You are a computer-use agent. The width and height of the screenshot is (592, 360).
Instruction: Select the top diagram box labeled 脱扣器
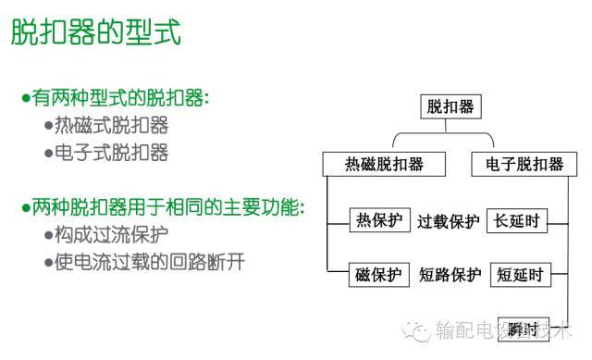click(x=450, y=107)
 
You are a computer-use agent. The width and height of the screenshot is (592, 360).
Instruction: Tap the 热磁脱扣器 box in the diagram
click(x=384, y=165)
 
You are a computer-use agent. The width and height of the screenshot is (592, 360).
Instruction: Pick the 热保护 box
click(x=378, y=220)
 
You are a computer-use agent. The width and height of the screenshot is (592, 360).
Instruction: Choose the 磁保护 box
click(x=378, y=274)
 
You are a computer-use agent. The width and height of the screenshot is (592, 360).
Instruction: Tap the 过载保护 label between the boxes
click(x=448, y=221)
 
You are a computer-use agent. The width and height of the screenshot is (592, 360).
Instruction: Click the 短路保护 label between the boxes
click(x=450, y=275)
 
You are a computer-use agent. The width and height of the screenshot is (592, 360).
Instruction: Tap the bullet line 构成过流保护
click(x=112, y=234)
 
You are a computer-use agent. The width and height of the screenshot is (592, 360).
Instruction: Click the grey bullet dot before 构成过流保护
click(x=48, y=235)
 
